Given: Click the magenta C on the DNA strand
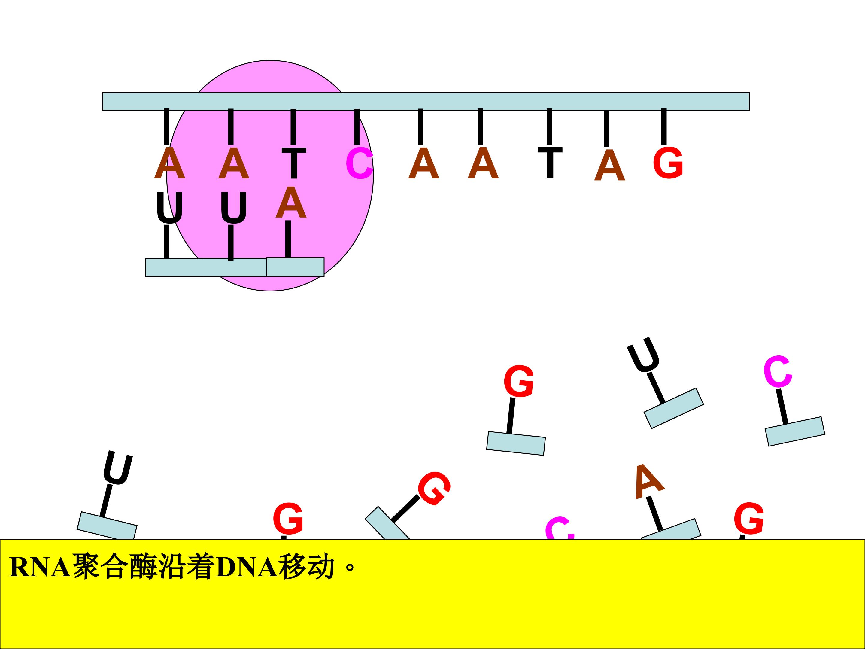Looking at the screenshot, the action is click(x=359, y=163).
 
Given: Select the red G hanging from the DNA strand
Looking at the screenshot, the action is click(x=668, y=163).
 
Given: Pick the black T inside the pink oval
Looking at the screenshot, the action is click(x=294, y=163).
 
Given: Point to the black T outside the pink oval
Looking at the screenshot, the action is click(x=550, y=163).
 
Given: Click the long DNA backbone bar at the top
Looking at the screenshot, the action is click(x=426, y=102).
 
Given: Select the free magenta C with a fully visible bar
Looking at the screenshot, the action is click(x=778, y=372).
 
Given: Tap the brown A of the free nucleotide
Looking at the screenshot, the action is click(x=649, y=482).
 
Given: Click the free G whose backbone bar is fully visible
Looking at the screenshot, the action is click(x=518, y=381).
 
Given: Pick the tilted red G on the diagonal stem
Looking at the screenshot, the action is click(x=434, y=489).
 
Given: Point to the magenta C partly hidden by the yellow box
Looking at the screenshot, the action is click(x=560, y=529).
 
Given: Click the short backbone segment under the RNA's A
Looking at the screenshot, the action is click(x=295, y=267).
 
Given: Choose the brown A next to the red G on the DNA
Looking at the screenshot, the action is click(x=610, y=165).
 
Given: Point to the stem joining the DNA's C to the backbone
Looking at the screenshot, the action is click(x=357, y=127).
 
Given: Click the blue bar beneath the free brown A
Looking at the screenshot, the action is click(x=670, y=530).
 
